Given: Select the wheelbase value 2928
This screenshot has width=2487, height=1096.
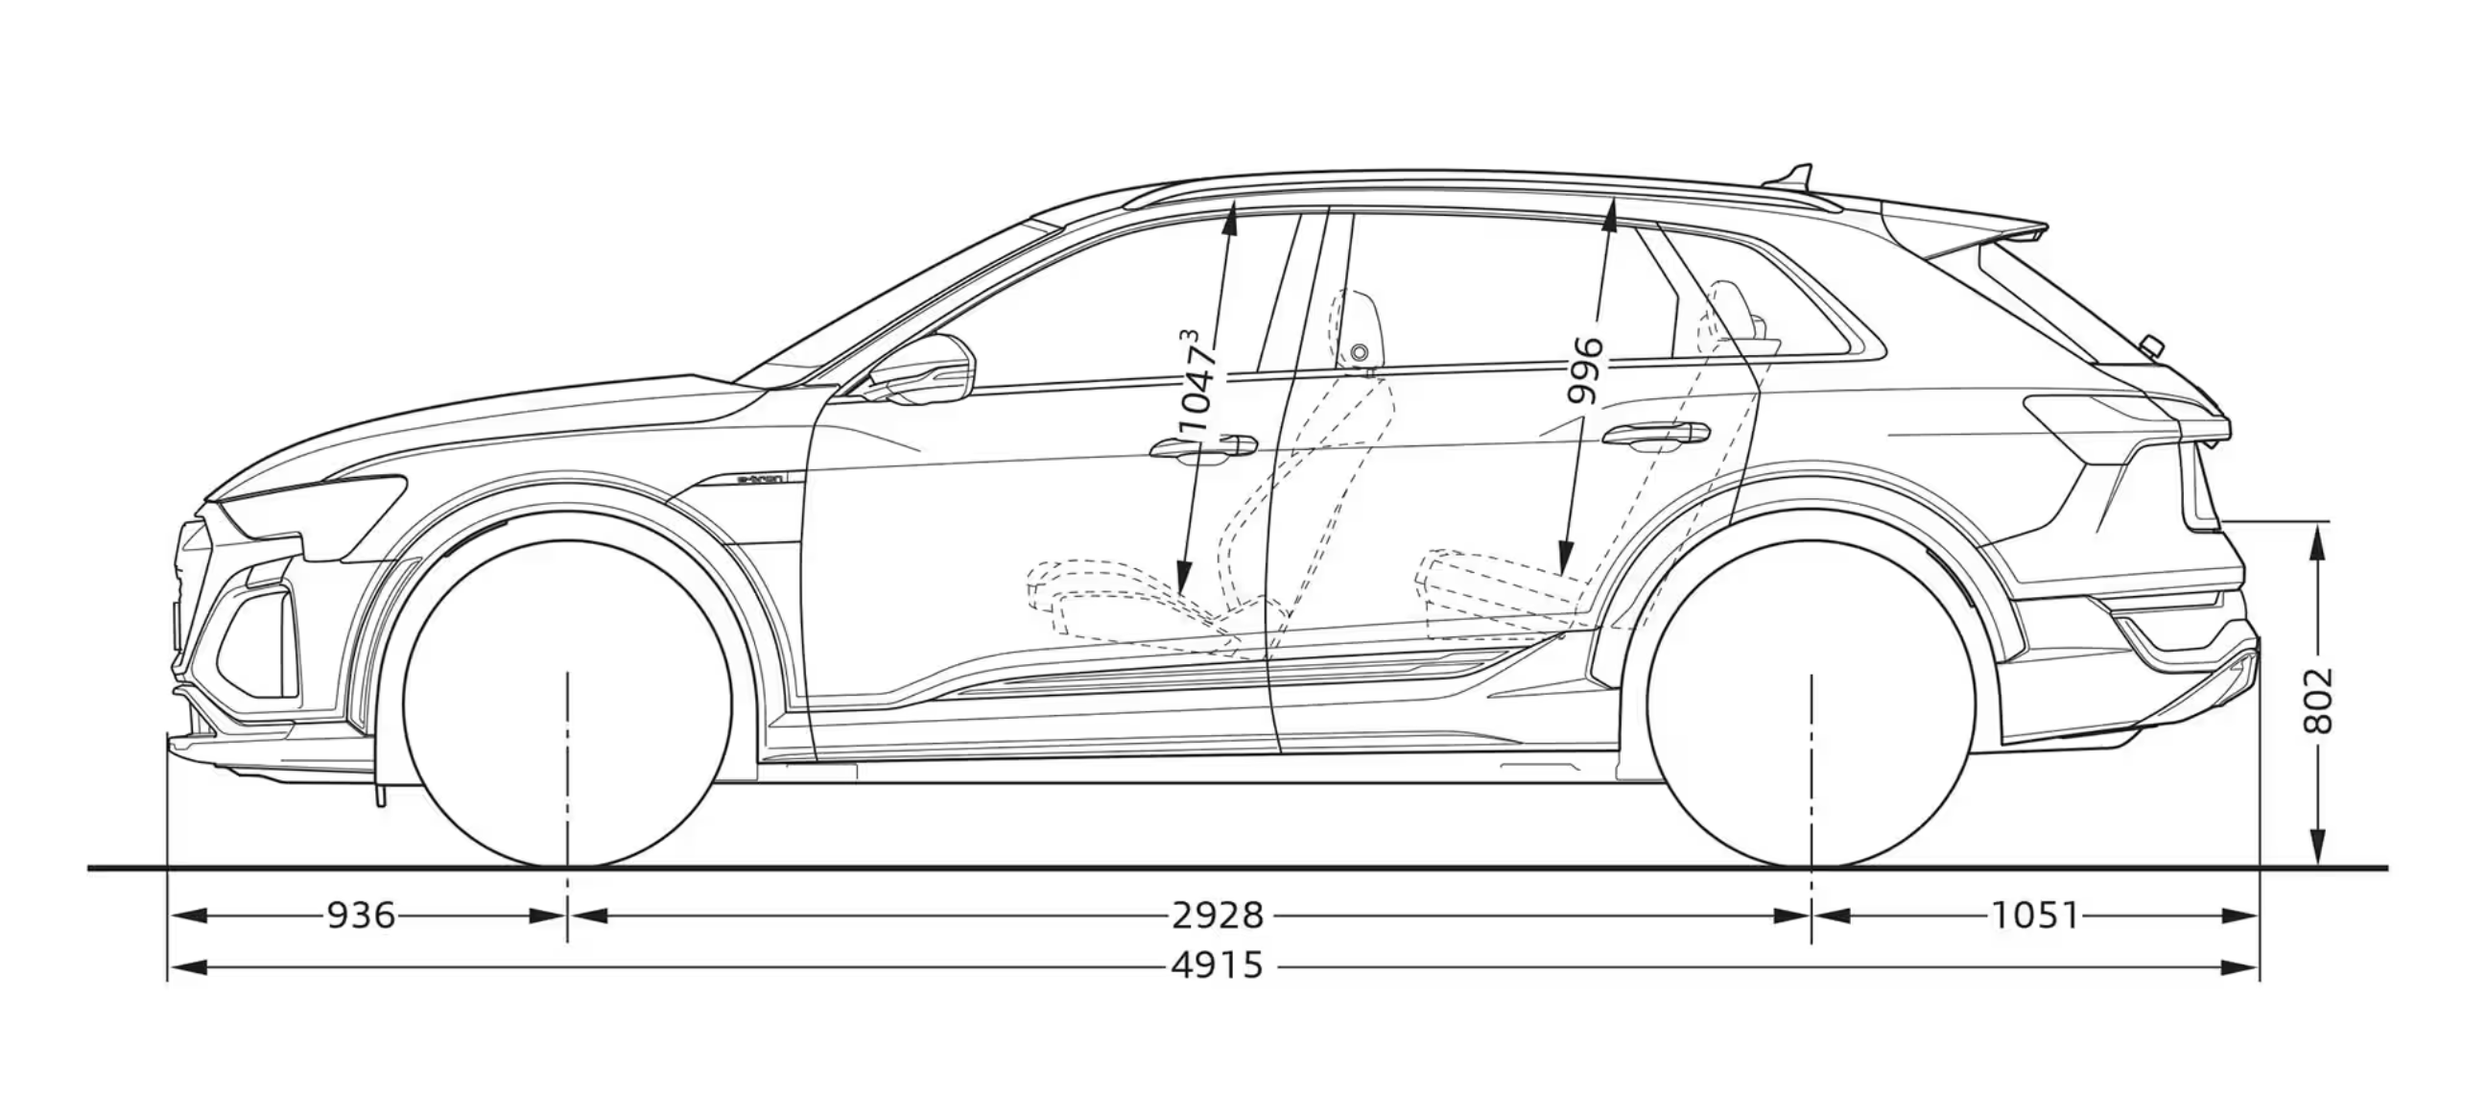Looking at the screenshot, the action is tap(1217, 915).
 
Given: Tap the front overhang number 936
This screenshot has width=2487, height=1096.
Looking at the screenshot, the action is tap(360, 915).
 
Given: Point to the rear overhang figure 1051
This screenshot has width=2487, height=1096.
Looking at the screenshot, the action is tap(2034, 915).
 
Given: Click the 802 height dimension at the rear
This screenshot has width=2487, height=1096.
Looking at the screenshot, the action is tap(2318, 699).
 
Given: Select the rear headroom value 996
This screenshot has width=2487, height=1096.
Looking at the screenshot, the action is tap(1585, 369).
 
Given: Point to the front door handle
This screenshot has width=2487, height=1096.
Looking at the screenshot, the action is tap(1202, 446).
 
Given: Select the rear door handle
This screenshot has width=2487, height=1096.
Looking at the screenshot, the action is tap(1654, 435).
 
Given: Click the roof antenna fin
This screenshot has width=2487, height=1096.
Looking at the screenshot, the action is tap(1794, 178).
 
